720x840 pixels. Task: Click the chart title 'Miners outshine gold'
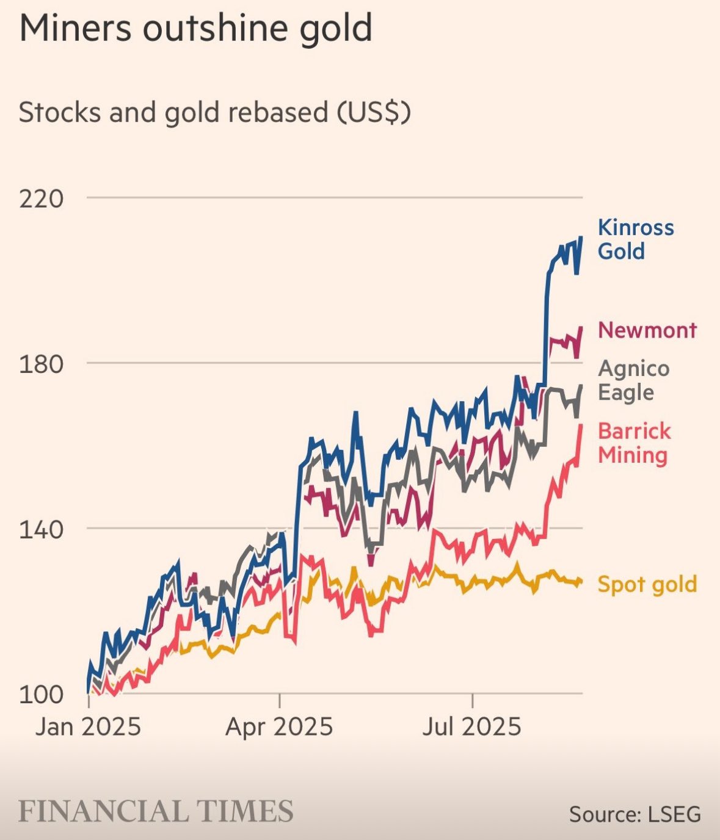tap(195, 28)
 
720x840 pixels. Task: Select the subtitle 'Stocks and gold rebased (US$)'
tap(214, 113)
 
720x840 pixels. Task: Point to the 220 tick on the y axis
tap(42, 198)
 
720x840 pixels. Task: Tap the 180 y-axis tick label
tap(42, 364)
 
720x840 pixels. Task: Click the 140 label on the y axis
tap(42, 529)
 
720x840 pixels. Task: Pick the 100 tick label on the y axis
tap(42, 695)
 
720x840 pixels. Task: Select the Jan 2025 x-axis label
tap(88, 727)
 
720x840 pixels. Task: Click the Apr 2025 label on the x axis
tap(279, 727)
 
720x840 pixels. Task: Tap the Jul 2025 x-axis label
tap(472, 727)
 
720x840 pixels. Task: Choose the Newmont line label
tap(647, 330)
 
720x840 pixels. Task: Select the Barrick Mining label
tap(633, 443)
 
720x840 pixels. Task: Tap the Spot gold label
tap(647, 584)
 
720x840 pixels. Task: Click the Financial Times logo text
tap(156, 811)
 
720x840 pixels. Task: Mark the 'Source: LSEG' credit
tap(635, 814)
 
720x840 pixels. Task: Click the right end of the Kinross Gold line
tap(581, 237)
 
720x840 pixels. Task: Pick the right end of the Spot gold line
tap(581, 582)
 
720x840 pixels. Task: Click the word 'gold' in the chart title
tap(336, 28)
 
